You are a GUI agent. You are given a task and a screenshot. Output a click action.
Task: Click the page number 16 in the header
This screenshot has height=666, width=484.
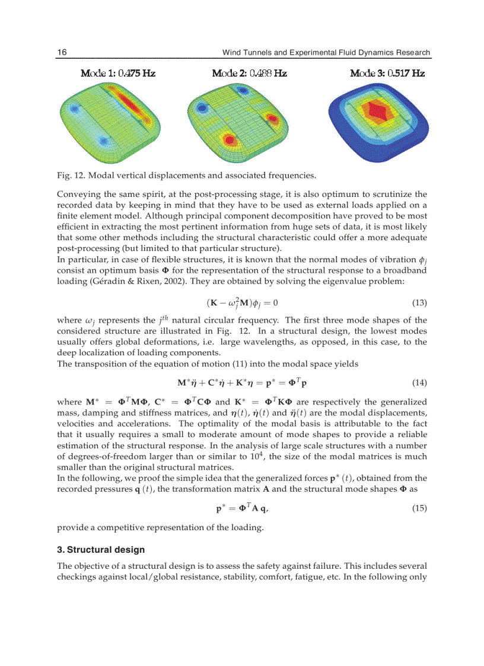(62, 52)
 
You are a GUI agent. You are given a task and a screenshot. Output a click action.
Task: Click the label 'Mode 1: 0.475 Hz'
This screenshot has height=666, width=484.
(118, 74)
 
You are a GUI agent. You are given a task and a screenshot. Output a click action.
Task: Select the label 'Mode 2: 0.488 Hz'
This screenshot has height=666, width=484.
(249, 74)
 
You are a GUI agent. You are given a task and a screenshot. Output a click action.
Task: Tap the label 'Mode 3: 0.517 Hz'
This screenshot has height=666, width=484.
(387, 74)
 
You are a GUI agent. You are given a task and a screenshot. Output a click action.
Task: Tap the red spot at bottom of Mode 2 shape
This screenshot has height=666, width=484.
(228, 140)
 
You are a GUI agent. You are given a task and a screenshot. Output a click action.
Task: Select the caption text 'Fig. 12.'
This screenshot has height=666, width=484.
(71, 175)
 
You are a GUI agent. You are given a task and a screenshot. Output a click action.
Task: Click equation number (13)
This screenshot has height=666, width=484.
(419, 302)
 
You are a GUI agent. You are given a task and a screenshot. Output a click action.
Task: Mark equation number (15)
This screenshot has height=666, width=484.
(419, 508)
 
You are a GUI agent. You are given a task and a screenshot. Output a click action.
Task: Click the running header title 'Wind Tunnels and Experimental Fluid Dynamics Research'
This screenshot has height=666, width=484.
(326, 52)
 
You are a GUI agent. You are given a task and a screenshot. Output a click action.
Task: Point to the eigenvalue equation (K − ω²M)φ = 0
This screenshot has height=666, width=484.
(242, 302)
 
